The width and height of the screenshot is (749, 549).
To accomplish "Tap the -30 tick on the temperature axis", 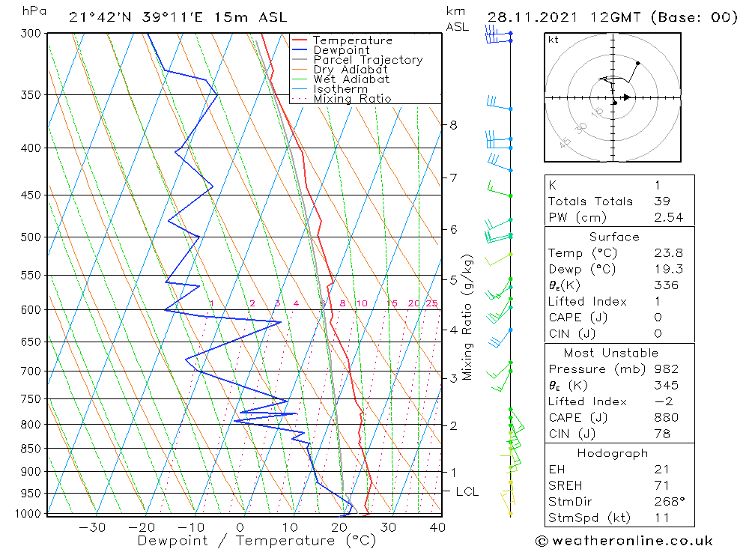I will pyautogui.click(x=92, y=527).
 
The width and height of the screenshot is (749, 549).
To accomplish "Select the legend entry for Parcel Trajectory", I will pyautogui.click(x=368, y=60).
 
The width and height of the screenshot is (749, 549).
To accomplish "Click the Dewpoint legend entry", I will pyautogui.click(x=341, y=50).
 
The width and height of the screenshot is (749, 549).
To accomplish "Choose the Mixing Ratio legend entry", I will pyautogui.click(x=352, y=99).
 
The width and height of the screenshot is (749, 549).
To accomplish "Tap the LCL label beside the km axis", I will pyautogui.click(x=467, y=491).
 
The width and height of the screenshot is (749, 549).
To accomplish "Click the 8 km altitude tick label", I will pyautogui.click(x=453, y=125).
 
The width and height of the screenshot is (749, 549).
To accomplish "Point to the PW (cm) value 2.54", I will pyautogui.click(x=668, y=217).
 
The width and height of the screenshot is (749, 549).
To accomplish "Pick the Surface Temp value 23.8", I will pyautogui.click(x=668, y=253).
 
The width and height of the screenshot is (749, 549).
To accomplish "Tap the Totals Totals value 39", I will pyautogui.click(x=662, y=201).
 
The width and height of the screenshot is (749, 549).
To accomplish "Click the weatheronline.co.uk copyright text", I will pyautogui.click(x=624, y=541).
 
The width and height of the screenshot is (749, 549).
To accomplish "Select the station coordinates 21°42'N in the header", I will pyautogui.click(x=97, y=17).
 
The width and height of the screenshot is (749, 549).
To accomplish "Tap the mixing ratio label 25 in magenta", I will pyautogui.click(x=431, y=303).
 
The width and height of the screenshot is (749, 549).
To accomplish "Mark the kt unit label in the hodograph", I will pyautogui.click(x=553, y=40).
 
